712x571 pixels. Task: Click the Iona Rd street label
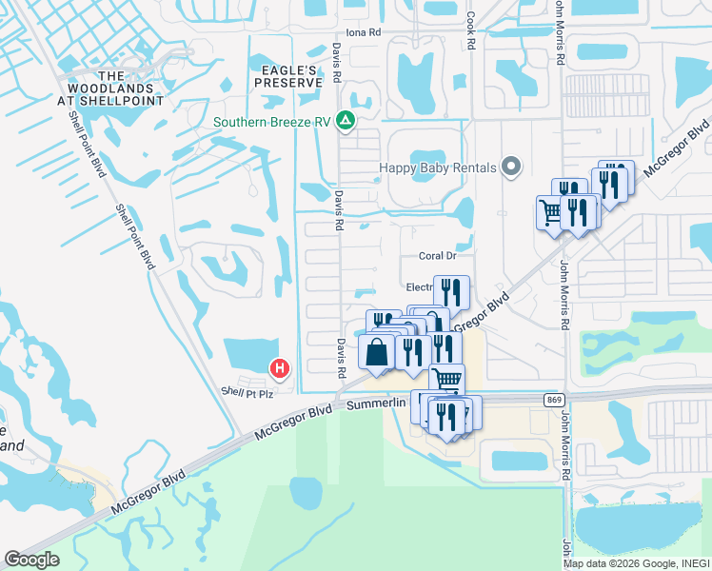[363, 32]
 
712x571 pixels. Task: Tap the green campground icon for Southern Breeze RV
[346, 122]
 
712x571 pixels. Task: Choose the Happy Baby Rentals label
[438, 167]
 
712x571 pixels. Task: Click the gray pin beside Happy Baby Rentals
[511, 167]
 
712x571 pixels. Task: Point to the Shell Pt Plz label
[247, 392]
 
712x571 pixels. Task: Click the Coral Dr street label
[438, 255]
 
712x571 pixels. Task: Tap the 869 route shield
[553, 399]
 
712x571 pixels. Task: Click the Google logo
[31, 559]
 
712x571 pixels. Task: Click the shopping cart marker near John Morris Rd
[550, 211]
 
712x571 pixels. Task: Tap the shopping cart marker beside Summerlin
[446, 380]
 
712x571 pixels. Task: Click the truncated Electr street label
[419, 286]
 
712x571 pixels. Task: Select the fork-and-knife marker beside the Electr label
[451, 290]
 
